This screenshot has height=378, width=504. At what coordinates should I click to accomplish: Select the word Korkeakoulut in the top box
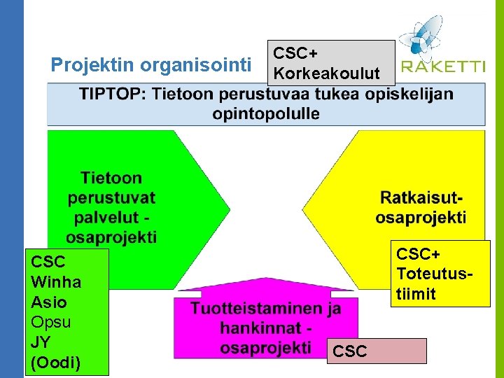pyautogui.click(x=326, y=73)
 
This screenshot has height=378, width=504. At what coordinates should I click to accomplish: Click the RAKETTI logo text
pyautogui.click(x=443, y=67)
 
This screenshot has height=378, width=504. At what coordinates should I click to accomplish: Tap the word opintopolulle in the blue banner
pyautogui.click(x=266, y=113)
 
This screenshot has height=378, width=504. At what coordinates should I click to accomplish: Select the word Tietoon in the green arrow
pyautogui.click(x=111, y=178)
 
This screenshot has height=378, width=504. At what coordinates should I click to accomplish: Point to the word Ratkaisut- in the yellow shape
pyautogui.click(x=422, y=198)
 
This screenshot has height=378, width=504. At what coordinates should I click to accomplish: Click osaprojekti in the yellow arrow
pyautogui.click(x=421, y=218)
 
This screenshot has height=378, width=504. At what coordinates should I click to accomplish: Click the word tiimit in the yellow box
pyautogui.click(x=416, y=293)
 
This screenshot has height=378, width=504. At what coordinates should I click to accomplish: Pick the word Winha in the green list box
pyautogui.click(x=56, y=282)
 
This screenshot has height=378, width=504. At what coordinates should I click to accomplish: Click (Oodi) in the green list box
pyautogui.click(x=56, y=363)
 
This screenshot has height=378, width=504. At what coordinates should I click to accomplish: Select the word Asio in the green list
pyautogui.click(x=49, y=302)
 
